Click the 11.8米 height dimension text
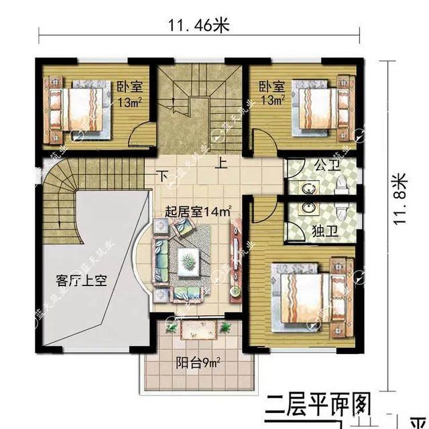pyautogui.click(x=400, y=199)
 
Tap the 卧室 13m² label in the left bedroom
pyautogui.click(x=129, y=95)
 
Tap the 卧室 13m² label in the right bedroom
pyautogui.click(x=271, y=93)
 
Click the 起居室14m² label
pyautogui.click(x=198, y=212)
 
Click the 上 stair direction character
pyautogui.click(x=221, y=162)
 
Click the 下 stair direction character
pyautogui.click(x=162, y=176)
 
